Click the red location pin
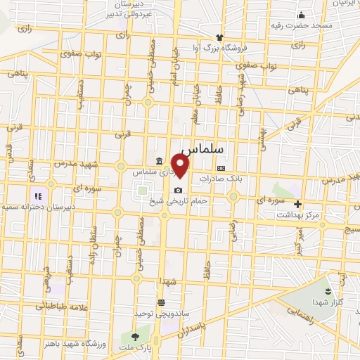click(x=181, y=167)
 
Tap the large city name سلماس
click(x=202, y=150)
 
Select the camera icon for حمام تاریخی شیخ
click(x=178, y=191)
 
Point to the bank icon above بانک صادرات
click(x=221, y=168)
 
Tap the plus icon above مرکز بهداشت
click(x=297, y=204)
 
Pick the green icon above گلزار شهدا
click(x=327, y=290)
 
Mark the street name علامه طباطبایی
click(x=47, y=306)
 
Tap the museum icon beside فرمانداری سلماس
click(x=162, y=161)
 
